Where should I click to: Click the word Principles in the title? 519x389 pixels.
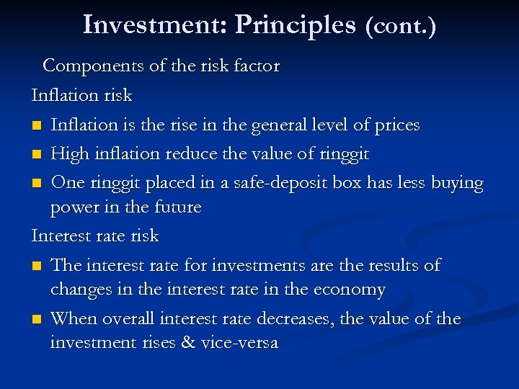tap(296, 25)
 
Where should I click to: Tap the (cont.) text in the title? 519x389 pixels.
tap(401, 27)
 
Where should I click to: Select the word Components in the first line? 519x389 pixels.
tap(93, 66)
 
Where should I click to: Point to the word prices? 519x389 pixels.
tap(397, 125)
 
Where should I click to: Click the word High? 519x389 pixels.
tap(71, 154)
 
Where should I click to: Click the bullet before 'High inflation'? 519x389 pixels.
tap(37, 155)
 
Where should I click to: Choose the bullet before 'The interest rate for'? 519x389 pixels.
tap(37, 267)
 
